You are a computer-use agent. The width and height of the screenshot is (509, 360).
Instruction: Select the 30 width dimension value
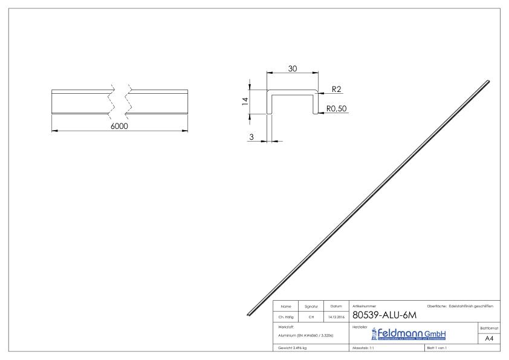(292, 69)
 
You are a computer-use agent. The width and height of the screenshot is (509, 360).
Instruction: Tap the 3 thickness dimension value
(251, 137)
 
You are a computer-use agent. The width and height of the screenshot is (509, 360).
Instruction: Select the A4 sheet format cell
(490, 339)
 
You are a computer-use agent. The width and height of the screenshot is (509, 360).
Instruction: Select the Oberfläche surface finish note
(459, 307)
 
